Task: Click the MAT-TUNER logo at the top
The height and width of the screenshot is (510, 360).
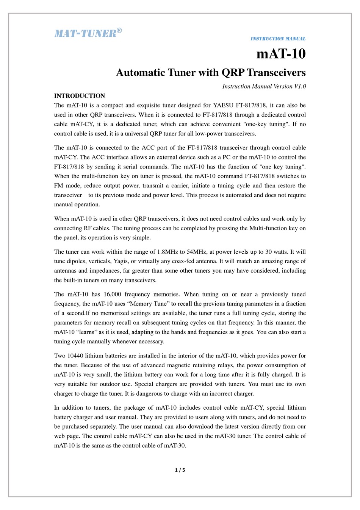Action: [85, 33]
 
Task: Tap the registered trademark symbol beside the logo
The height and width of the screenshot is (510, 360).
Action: [119, 30]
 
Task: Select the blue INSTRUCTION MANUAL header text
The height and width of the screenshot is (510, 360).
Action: [278, 39]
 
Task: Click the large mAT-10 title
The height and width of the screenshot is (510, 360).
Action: [281, 54]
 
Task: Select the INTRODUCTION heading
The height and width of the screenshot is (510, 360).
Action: [80, 96]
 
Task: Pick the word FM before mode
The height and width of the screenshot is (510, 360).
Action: [59, 186]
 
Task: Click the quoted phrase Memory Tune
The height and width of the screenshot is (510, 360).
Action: [148, 304]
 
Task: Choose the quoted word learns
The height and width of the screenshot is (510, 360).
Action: [86, 332]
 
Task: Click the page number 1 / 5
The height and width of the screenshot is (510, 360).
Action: [180, 470]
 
